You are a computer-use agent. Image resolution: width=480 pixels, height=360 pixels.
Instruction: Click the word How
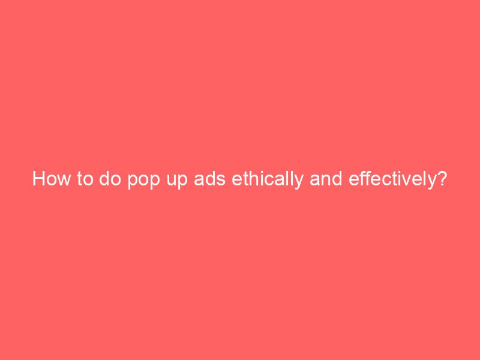(x=50, y=179)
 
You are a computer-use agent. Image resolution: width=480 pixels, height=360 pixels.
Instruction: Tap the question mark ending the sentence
(x=442, y=179)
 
